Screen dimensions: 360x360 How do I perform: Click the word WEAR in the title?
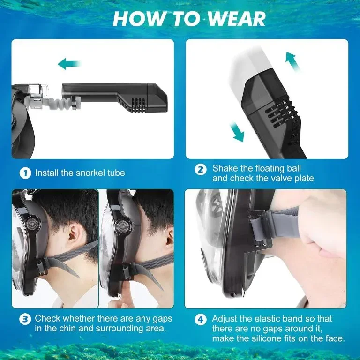point(237,19)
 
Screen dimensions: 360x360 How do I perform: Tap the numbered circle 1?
point(25,173)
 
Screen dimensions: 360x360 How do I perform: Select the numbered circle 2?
point(201,169)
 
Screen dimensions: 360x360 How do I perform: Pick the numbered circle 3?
point(25,319)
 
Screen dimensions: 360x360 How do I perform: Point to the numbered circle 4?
point(201,319)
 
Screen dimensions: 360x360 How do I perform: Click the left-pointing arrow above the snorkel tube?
point(70,64)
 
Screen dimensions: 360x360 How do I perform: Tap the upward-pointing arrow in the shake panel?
point(292,61)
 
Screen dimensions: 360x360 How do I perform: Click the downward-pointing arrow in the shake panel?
point(238,132)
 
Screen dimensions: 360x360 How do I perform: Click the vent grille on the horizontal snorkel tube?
point(139,105)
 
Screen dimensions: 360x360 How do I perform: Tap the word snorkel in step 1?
point(90,173)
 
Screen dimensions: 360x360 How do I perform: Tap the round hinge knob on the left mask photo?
point(33,223)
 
